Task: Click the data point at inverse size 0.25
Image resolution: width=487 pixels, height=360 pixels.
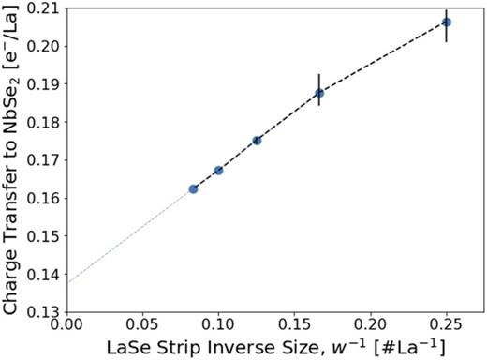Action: click(x=447, y=22)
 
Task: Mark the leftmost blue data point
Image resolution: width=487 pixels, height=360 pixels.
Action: click(x=193, y=188)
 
